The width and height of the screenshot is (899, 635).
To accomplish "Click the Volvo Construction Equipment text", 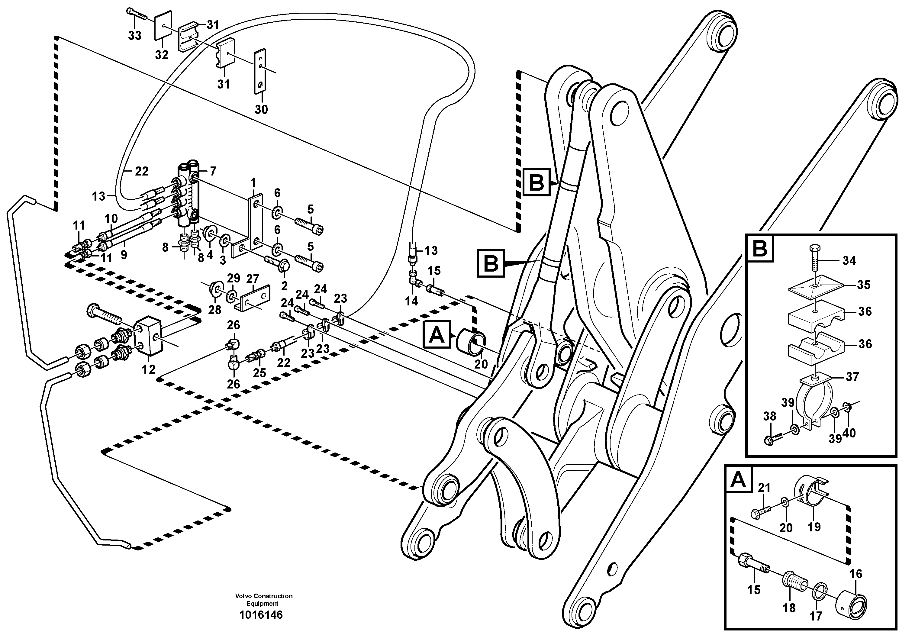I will tap(263, 599).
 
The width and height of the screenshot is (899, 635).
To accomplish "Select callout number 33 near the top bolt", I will tap(135, 36).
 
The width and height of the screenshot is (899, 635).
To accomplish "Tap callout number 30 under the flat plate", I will tap(261, 109).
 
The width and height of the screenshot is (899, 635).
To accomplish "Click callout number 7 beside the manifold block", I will tap(213, 171).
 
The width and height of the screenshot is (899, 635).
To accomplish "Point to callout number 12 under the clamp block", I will tap(148, 369).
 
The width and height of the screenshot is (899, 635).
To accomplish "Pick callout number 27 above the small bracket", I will tap(253, 279).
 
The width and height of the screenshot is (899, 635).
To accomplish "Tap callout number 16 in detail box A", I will tap(855, 574).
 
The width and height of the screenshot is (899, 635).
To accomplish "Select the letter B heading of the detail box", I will tap(760, 249).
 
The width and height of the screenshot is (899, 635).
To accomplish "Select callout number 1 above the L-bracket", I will tap(253, 182).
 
